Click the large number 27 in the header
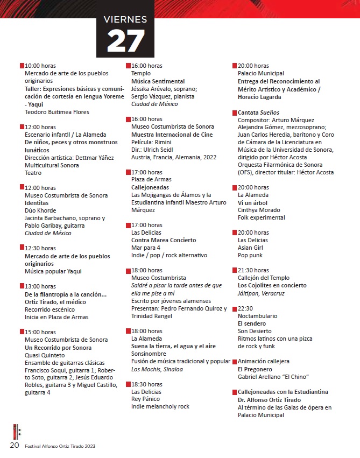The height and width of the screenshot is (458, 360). [126, 40]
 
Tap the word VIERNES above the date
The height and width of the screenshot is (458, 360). [125, 20]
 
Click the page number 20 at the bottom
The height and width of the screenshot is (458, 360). [15, 446]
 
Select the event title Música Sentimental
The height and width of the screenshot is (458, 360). [158, 81]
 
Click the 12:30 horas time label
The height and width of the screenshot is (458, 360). [40, 248]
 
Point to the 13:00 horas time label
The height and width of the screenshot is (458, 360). [40, 286]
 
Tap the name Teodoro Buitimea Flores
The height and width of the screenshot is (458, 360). [57, 112]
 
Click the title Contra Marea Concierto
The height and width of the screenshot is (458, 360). [164, 240]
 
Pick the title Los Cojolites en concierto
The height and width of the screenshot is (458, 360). [272, 285]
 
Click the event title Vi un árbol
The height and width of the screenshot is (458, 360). [253, 202]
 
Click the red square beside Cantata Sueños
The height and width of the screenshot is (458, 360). [234, 112]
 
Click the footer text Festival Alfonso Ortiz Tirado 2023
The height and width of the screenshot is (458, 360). [60, 446]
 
